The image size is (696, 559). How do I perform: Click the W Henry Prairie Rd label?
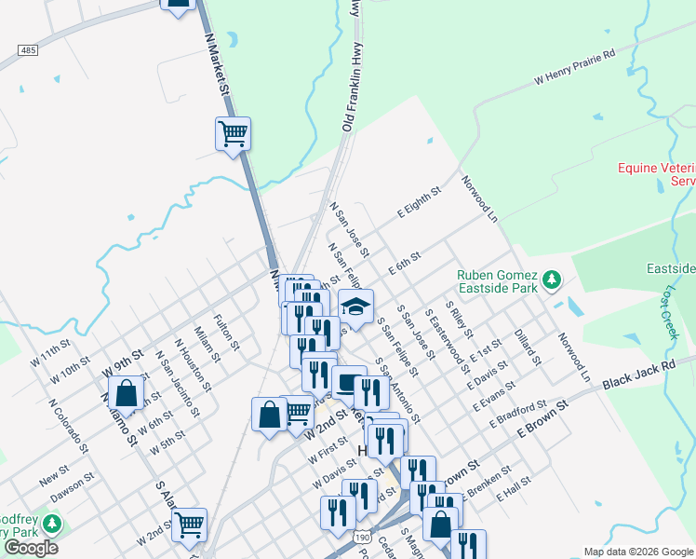point(575,68)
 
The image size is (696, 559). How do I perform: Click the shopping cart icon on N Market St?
point(233,132)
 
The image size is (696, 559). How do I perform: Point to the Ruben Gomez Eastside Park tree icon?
point(553,279)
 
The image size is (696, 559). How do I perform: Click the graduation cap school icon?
point(355,304)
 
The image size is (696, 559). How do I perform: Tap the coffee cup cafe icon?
point(349,382)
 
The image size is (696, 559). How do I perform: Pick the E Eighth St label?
point(419,199)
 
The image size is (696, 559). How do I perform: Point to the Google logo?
point(30,547)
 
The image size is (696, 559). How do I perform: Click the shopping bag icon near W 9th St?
point(125,392)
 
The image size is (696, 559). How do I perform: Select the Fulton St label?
point(225,332)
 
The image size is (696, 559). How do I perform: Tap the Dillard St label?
point(527,345)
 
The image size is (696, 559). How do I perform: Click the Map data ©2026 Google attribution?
point(638,552)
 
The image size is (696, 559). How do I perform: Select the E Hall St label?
point(513,488)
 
